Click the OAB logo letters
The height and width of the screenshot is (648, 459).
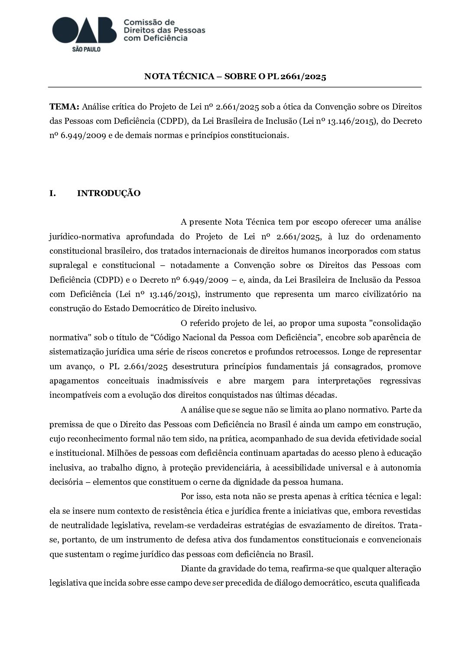(x=85, y=30)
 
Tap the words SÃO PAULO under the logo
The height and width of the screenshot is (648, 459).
(x=86, y=49)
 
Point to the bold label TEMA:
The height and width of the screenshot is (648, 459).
(x=64, y=106)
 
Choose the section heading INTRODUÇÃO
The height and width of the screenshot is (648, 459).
(x=109, y=193)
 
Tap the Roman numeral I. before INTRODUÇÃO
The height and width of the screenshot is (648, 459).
(x=53, y=193)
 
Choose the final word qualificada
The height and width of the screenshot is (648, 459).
(x=400, y=583)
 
